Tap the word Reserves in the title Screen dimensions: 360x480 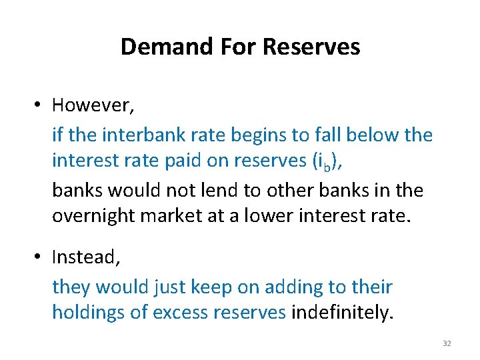(311, 47)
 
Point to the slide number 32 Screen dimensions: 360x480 (447, 343)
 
